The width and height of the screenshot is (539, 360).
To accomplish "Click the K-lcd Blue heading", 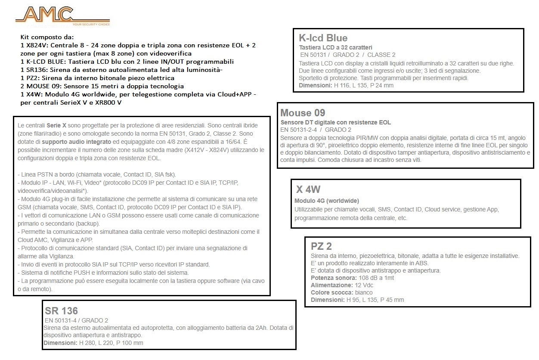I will pyautogui.click(x=323, y=38).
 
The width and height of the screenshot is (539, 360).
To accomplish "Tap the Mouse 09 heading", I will pyautogui.click(x=303, y=113).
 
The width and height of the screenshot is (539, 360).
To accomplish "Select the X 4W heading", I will pyautogui.click(x=308, y=189).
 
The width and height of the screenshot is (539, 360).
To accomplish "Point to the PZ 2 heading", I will pyautogui.click(x=321, y=246).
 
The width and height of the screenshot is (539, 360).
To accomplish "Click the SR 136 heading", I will pyautogui.click(x=61, y=311).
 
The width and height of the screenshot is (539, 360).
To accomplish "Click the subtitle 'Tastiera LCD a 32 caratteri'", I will pyautogui.click(x=336, y=47).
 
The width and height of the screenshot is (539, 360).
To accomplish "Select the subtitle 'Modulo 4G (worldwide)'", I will pyautogui.click(x=327, y=201).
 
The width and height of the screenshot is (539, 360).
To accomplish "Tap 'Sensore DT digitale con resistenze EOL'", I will pyautogui.click(x=336, y=122).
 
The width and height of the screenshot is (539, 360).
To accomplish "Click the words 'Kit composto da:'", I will pyautogui.click(x=47, y=37).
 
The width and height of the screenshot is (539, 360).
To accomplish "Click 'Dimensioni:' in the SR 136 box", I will pyautogui.click(x=60, y=343).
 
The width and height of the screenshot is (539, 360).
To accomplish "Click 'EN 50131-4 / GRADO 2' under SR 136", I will pyautogui.click(x=76, y=320).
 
